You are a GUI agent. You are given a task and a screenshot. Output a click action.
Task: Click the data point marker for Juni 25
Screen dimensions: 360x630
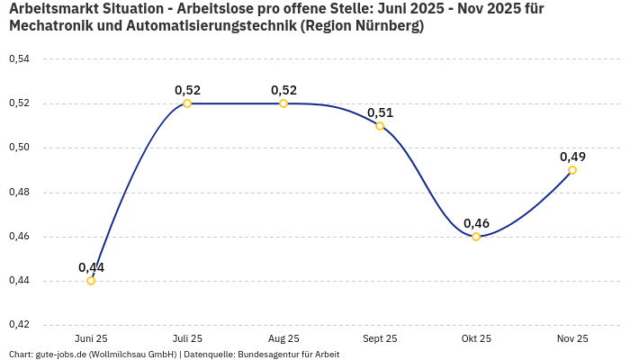coord(91,281)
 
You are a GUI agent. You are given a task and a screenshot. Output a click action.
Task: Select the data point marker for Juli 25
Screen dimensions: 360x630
coord(187,103)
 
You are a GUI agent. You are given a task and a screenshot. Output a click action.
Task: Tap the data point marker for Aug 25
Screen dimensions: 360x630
coord(283,103)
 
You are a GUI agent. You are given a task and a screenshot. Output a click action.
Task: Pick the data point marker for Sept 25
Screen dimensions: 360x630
coord(380,126)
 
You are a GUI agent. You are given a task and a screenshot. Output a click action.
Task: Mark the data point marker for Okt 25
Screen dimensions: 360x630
coord(476,237)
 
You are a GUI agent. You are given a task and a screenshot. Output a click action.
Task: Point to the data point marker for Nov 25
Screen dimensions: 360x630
coord(572,170)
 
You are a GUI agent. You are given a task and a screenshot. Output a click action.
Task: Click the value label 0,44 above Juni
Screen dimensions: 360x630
coord(91,267)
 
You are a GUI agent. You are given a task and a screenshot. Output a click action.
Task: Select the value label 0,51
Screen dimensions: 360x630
coord(380,112)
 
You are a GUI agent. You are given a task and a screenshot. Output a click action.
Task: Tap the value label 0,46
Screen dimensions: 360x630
coord(476,223)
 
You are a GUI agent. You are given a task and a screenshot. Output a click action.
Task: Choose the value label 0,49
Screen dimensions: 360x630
coord(572,157)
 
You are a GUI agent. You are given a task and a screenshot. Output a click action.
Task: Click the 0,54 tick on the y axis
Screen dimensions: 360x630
coord(19,59)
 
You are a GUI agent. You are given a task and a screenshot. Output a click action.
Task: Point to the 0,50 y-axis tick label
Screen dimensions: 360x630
coord(19,148)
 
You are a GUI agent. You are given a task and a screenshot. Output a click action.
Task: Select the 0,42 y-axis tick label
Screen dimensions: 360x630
coord(19,325)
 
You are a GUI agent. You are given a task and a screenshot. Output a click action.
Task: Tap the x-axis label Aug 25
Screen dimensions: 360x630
coord(283,338)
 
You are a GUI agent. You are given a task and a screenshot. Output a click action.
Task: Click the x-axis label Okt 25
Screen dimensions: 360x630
coord(476,338)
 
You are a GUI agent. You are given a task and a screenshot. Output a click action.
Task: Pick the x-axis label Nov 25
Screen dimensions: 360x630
coord(572,338)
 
